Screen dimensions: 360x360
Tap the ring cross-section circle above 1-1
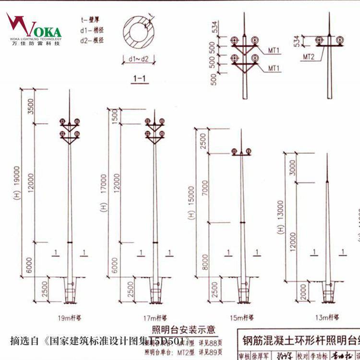pos(139,34)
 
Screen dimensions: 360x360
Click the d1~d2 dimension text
pos(139,59)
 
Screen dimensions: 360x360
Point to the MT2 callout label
pos(309,57)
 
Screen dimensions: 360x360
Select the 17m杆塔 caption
pos(155,317)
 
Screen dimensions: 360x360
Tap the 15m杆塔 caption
pos(241,317)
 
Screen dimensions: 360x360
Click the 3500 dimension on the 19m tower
pos(31,107)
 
